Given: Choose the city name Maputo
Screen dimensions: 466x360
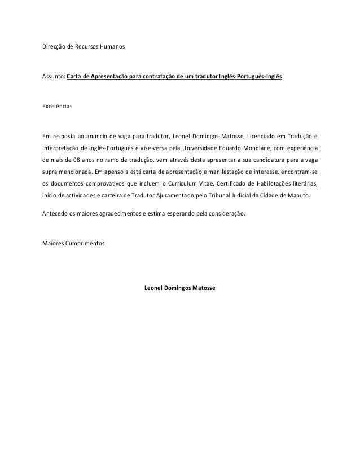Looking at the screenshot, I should pos(306,196).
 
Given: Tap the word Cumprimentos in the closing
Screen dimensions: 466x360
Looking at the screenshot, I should pos(86,244).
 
